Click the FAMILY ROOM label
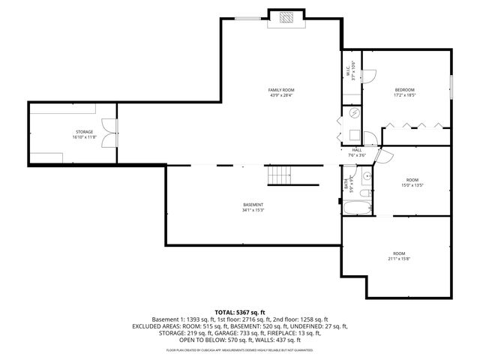(281, 90)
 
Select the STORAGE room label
(83, 132)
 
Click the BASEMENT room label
(253, 205)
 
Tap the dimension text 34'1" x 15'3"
(253, 210)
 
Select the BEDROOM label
(404, 90)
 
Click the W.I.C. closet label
(348, 72)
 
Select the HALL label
(357, 150)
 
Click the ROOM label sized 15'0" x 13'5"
(412, 180)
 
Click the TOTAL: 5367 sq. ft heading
(240, 311)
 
